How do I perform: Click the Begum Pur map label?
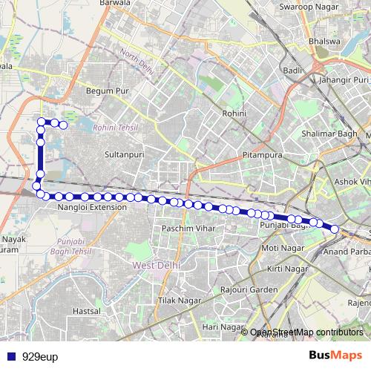click(x=107, y=91)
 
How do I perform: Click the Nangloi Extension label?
click(x=92, y=208)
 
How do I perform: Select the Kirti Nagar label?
click(x=287, y=268)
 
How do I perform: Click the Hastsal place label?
click(x=87, y=311)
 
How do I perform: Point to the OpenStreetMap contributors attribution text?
click(x=306, y=333)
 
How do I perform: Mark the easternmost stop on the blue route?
click(x=334, y=229)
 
